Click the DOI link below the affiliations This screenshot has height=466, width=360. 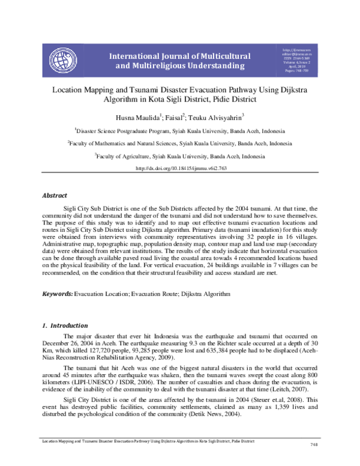179,169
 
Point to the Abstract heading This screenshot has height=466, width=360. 55,196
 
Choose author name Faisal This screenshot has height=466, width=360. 176,116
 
